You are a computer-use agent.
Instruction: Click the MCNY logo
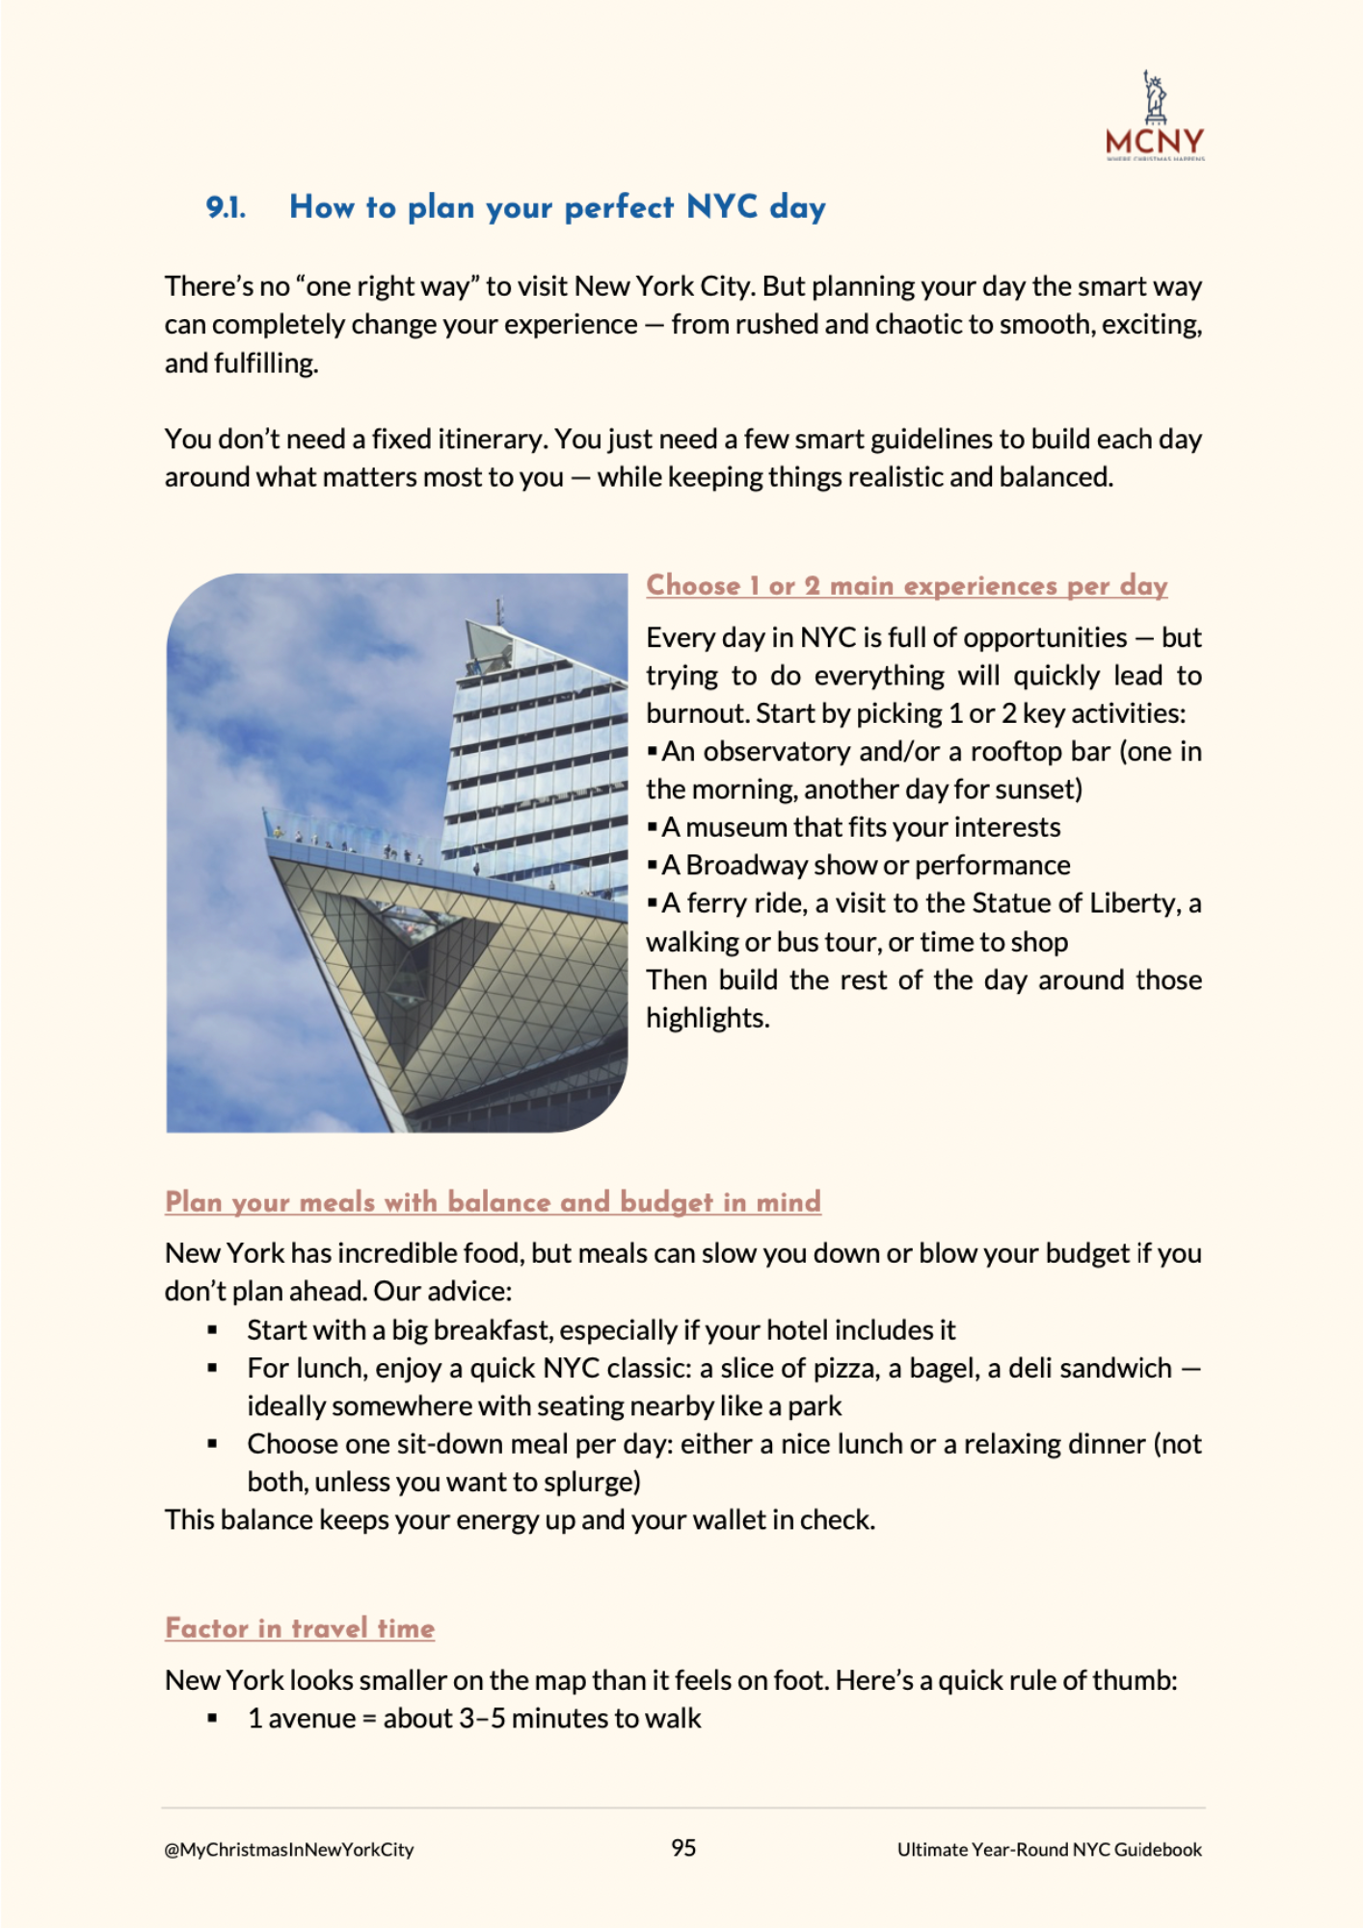1155,118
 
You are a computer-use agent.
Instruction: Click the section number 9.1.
226,208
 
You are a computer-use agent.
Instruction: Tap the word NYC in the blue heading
722,207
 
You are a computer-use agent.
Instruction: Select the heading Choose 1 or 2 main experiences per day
906,586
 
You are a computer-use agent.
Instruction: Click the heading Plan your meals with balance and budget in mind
493,1202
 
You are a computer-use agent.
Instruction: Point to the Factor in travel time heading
300,1628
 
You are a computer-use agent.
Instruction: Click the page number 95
683,1848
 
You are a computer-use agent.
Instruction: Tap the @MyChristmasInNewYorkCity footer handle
289,1849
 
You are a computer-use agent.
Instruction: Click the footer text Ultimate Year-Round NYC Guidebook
1049,1849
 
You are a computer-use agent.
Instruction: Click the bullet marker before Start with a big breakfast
212,1331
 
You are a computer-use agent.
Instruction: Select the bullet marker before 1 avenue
212,1719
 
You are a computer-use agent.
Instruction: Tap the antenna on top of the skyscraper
498,611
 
